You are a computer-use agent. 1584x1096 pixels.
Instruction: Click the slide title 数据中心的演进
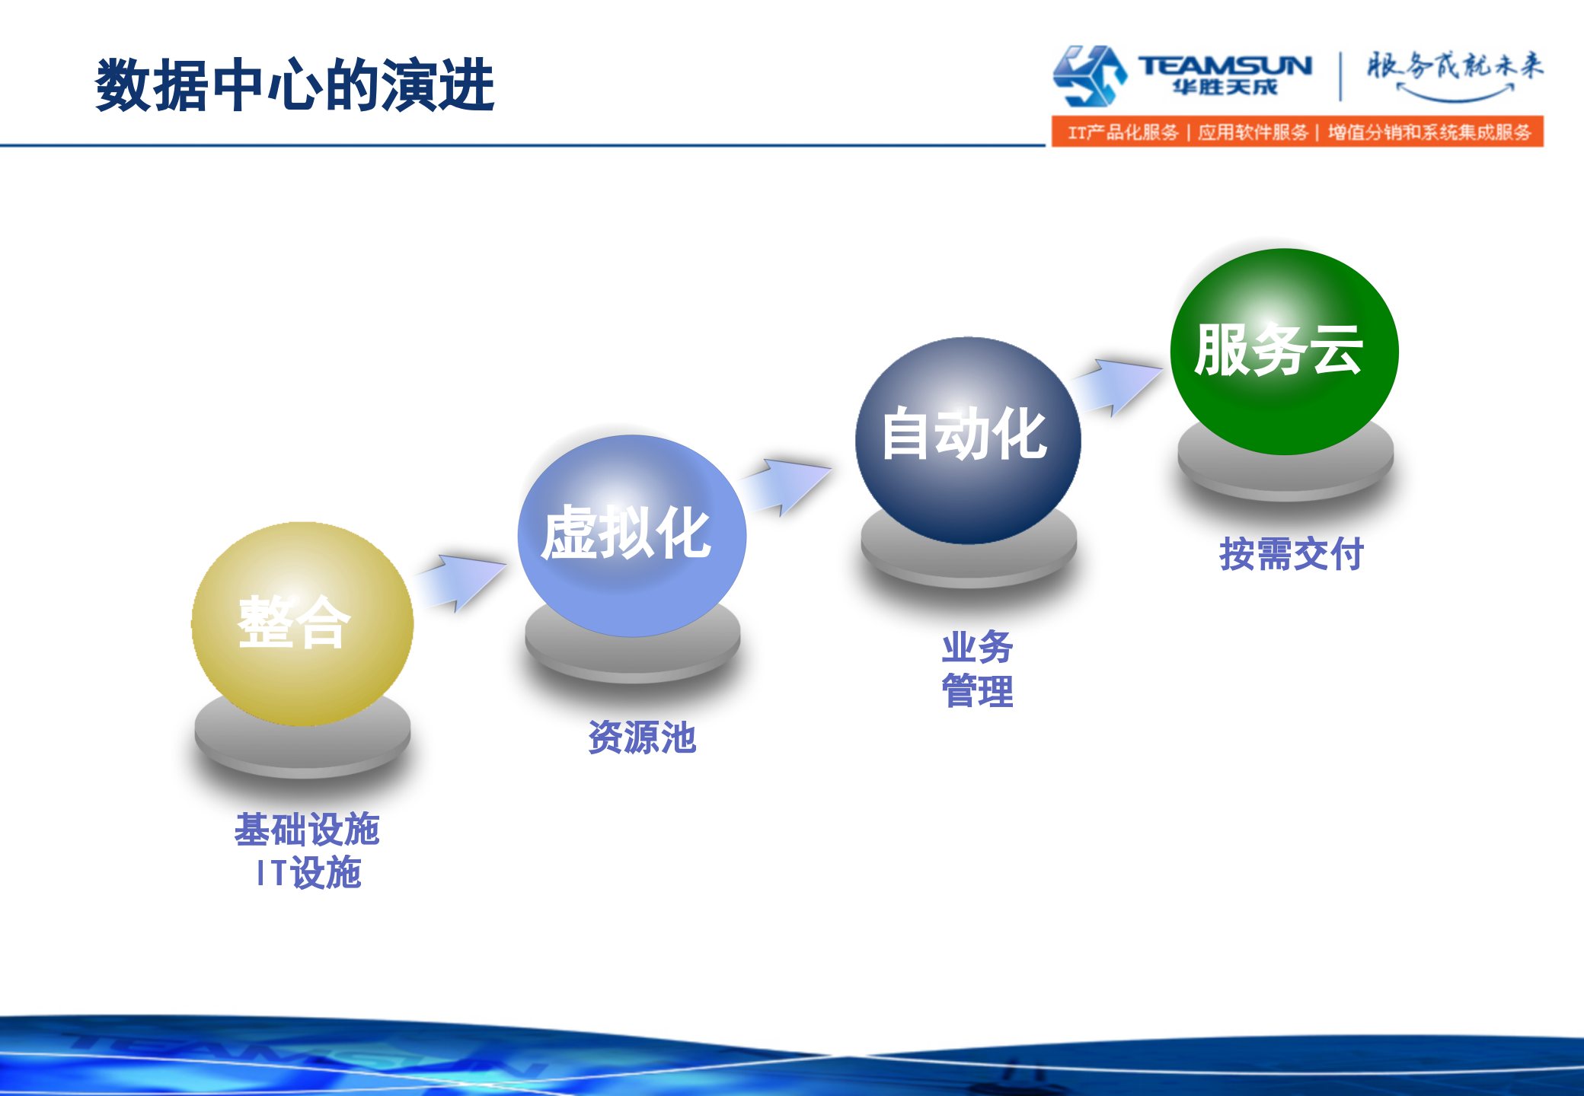tap(295, 85)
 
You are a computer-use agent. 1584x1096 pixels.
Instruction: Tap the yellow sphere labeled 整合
tap(302, 623)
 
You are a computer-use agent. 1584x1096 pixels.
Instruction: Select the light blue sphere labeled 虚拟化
tap(631, 535)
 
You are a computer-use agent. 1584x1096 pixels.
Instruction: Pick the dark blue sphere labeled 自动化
tap(967, 439)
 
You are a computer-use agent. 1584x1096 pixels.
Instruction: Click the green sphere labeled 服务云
tap(1284, 352)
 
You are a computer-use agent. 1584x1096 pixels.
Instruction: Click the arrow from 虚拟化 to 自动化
tap(785, 486)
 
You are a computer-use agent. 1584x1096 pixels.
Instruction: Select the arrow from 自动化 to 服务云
tap(1116, 387)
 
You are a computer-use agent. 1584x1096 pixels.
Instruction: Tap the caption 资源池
tap(642, 737)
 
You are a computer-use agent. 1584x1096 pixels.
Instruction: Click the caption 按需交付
tap(1291, 553)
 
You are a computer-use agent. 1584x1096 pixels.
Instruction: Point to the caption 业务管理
tap(977, 669)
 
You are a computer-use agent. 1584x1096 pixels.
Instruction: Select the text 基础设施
tap(307, 829)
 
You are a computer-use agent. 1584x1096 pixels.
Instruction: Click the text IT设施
tap(308, 872)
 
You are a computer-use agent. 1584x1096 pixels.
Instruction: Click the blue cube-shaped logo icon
tap(1089, 75)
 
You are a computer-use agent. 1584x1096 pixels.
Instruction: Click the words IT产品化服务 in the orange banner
tap(1123, 132)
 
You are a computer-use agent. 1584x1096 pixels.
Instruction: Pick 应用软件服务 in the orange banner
tap(1253, 132)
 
